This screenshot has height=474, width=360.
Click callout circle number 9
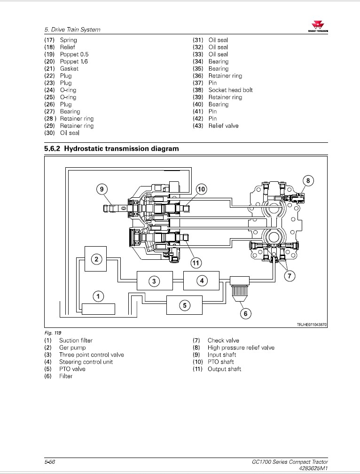(x=102, y=189)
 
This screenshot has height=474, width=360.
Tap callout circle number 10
(x=201, y=189)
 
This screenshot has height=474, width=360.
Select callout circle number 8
(x=308, y=180)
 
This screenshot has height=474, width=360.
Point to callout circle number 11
(x=196, y=263)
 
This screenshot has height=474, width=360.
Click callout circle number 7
(x=290, y=276)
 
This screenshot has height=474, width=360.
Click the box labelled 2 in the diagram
(x=96, y=259)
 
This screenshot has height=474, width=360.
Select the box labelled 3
(x=154, y=281)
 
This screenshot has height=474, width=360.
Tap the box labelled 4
(x=201, y=281)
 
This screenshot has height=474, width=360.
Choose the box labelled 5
(x=184, y=305)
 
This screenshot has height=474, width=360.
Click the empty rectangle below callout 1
(x=98, y=309)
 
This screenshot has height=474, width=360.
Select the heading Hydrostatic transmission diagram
(x=111, y=149)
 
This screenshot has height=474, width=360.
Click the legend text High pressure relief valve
(x=241, y=348)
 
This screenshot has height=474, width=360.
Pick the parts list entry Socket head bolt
(x=230, y=90)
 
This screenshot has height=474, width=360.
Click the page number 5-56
(x=50, y=462)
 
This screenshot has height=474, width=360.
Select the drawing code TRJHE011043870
(x=312, y=325)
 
